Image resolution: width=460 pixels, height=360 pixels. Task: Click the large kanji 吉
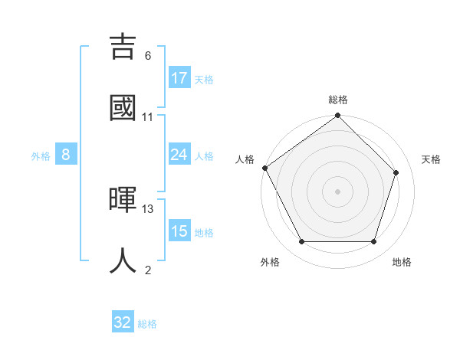123,48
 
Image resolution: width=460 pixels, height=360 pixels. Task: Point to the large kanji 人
123,259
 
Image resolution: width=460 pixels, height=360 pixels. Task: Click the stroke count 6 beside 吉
148,56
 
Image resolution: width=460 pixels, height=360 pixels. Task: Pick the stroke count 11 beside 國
148,116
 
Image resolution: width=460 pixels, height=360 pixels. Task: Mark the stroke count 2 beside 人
148,270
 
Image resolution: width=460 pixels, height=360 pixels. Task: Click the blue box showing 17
179,78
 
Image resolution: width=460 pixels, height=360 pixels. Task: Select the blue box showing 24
179,155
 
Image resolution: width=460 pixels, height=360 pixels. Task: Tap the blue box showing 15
179,231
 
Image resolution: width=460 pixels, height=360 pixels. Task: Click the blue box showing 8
66,155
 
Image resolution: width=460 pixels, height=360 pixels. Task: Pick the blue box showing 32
123,322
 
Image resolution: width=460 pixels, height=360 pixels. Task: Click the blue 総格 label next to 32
147,324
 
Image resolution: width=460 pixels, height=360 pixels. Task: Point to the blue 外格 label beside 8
41,155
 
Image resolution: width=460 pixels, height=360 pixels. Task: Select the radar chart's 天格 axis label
431,159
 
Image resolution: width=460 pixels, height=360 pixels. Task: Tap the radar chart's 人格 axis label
245,159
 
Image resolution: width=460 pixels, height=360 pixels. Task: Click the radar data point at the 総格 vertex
337,116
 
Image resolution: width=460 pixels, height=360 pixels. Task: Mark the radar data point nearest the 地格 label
373,242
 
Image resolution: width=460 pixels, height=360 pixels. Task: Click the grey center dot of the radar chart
337,191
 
